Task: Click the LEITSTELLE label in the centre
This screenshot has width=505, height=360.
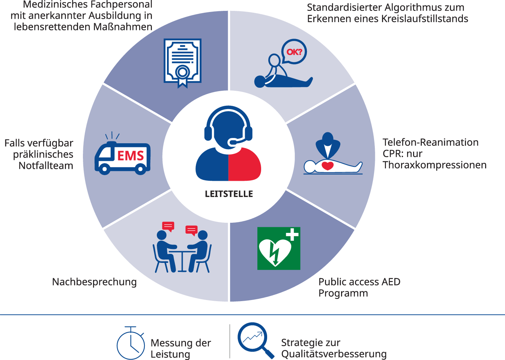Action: pos(229,194)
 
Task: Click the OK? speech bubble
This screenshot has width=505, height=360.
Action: pos(294,52)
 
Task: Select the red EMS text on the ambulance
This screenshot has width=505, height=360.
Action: pos(131,156)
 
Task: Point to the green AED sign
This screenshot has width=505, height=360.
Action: pos(278,248)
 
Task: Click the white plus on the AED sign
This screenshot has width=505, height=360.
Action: pos(292,235)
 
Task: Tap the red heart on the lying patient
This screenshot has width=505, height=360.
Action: pos(328,165)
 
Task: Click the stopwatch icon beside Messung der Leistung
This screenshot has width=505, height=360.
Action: pos(131,344)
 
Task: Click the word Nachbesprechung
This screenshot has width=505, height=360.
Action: pos(94,282)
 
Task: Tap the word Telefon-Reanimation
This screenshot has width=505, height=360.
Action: pos(430,142)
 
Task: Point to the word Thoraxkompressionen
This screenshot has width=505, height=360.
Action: pos(434,165)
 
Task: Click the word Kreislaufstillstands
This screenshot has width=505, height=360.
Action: pos(424,19)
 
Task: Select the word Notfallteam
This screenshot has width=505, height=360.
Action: pos(46,165)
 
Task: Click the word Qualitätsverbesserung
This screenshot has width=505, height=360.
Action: pos(334,354)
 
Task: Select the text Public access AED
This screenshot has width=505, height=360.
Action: pos(359,282)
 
